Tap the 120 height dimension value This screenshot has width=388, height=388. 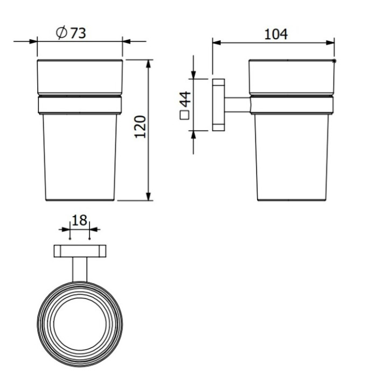coord(141,127)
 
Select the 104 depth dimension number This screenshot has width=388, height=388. coord(276,34)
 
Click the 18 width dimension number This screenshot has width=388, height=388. coord(79,220)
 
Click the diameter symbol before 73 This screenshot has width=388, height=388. coord(61,33)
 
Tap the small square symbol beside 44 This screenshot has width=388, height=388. coord(185,114)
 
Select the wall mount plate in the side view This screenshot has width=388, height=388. coord(219,105)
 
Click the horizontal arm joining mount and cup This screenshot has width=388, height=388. coord(237,105)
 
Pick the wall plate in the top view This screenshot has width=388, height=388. coord(79,251)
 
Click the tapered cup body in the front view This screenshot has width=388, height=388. coord(79,156)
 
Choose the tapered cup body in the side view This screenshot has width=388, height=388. coord(291,156)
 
